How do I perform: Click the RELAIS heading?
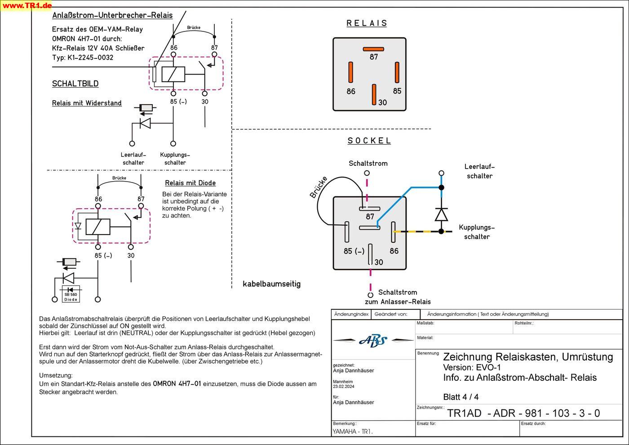[x=367, y=23]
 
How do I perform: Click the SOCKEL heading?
[x=369, y=140]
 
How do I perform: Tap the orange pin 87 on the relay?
[x=373, y=49]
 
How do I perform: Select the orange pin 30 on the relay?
[x=374, y=94]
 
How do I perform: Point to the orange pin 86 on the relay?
[x=351, y=72]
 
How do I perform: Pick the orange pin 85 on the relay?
[x=397, y=72]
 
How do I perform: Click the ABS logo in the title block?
[x=373, y=341]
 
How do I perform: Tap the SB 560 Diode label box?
[x=71, y=296]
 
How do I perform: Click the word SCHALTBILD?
[x=75, y=84]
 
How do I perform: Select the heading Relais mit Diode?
[x=190, y=183]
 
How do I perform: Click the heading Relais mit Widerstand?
[x=87, y=103]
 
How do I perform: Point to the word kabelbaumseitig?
[x=271, y=284]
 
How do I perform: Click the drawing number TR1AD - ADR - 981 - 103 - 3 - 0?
[x=523, y=413]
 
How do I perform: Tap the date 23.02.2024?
[x=344, y=387]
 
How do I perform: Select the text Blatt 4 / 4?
[x=461, y=397]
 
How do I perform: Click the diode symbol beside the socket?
[x=441, y=214]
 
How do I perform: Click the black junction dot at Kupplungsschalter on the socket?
[x=441, y=231]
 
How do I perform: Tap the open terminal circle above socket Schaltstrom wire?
[x=367, y=173]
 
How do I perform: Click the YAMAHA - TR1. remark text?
[x=353, y=432]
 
